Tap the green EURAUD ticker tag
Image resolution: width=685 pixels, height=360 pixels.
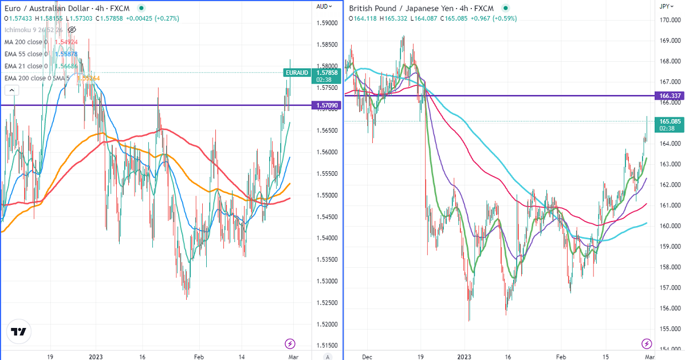297,73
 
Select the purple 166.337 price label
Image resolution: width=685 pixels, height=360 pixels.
670,96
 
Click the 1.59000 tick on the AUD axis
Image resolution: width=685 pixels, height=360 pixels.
326,23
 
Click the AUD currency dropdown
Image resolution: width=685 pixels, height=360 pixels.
324,6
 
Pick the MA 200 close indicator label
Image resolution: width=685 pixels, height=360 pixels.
25,42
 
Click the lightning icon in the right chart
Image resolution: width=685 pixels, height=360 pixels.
647,343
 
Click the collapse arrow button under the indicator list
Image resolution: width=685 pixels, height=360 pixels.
11,90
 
